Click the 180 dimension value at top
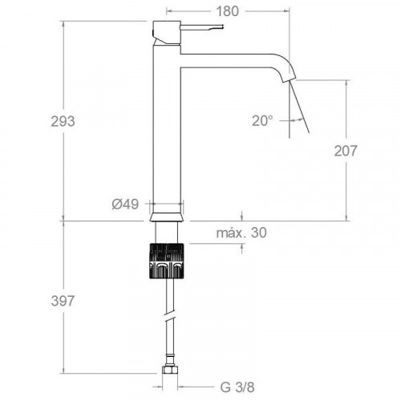(x=227, y=11)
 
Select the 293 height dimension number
(x=63, y=122)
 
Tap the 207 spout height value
(x=346, y=151)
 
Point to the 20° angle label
(x=262, y=121)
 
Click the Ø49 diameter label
(x=125, y=205)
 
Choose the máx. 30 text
(x=241, y=233)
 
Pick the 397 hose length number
(x=63, y=302)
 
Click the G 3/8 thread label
(x=237, y=387)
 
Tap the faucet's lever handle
(x=202, y=27)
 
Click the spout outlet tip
(x=290, y=79)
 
